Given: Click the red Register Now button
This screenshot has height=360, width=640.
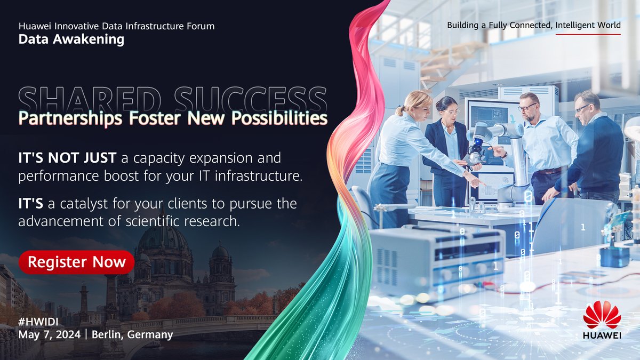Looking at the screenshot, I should coord(77,262).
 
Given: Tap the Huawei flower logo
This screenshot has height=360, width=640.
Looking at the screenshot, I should coord(602,315).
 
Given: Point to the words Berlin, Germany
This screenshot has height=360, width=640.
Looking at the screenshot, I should coord(132,335).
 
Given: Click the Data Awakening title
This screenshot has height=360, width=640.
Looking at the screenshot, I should coord(71,39).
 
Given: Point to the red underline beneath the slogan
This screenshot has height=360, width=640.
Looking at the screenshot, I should coord(588,34).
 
